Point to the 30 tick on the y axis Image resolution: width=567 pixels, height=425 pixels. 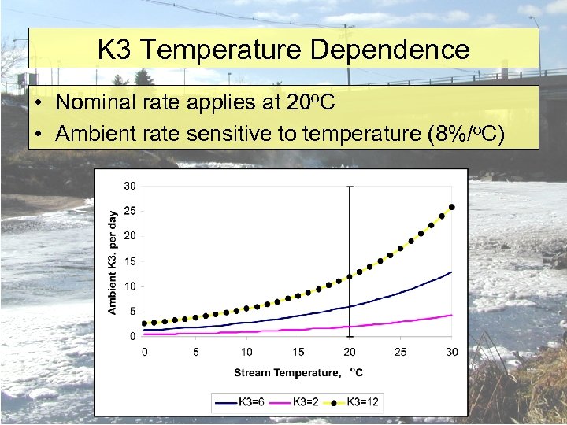(x=129, y=186)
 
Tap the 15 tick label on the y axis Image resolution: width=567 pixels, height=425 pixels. (x=129, y=261)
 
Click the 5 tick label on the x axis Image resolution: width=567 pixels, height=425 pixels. (x=195, y=351)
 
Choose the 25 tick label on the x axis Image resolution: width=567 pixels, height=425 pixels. (x=401, y=351)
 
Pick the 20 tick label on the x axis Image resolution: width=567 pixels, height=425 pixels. (x=350, y=351)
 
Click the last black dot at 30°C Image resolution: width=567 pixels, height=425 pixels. (x=452, y=207)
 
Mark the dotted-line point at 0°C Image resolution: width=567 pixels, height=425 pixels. (x=144, y=323)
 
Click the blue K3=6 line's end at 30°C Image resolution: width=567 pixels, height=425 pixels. (x=452, y=272)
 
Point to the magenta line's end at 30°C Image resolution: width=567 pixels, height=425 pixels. (x=452, y=315)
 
